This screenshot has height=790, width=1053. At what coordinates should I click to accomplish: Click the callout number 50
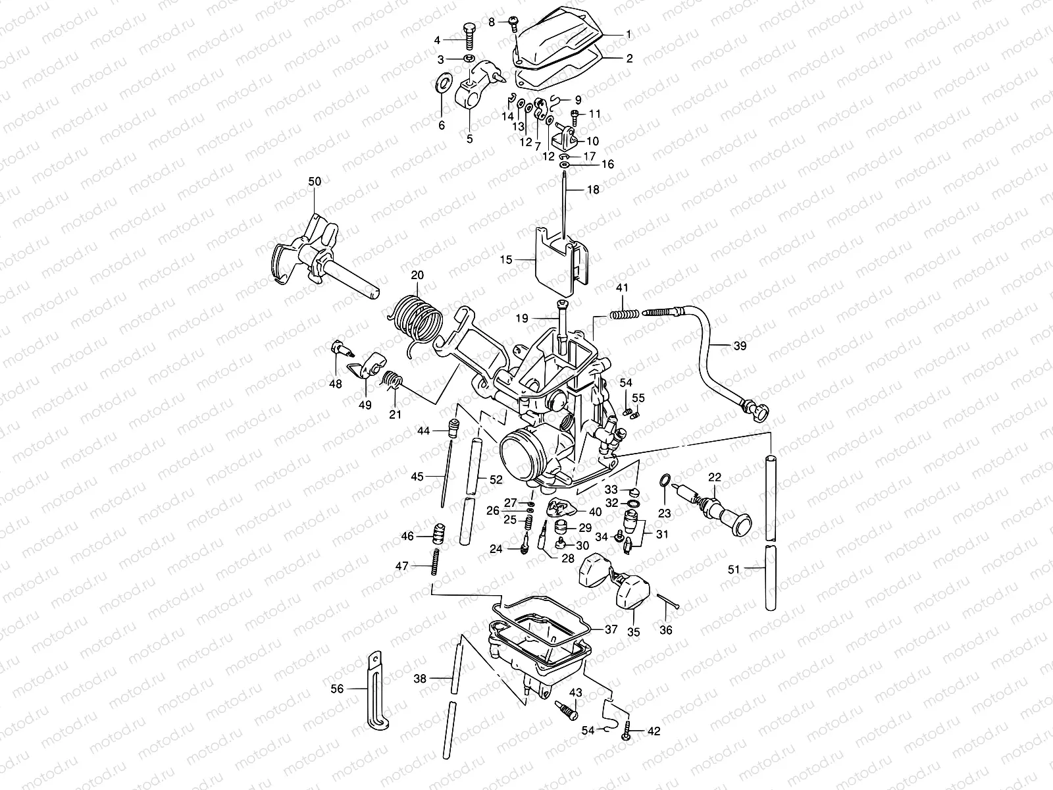[x=315, y=181]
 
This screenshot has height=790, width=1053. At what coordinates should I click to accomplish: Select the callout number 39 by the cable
[x=740, y=346]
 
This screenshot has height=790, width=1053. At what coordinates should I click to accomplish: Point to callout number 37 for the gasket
[x=611, y=629]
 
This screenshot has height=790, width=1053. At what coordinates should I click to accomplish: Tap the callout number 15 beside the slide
[x=505, y=261]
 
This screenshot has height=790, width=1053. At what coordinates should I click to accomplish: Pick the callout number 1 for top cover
[x=628, y=33]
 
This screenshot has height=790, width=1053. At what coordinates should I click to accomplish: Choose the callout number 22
[x=715, y=477]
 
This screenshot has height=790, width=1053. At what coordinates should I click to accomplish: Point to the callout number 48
[x=336, y=383]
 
